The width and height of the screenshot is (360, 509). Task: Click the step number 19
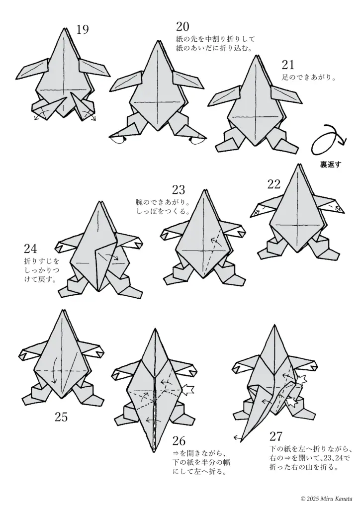83,30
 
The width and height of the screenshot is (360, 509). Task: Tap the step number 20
182,26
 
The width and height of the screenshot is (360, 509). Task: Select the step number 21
288,65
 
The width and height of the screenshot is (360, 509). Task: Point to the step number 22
274,184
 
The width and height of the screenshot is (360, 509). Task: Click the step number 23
178,189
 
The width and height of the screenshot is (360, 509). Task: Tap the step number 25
61,417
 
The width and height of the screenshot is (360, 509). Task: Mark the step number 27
276,436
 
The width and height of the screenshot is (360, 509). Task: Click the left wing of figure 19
35,69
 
